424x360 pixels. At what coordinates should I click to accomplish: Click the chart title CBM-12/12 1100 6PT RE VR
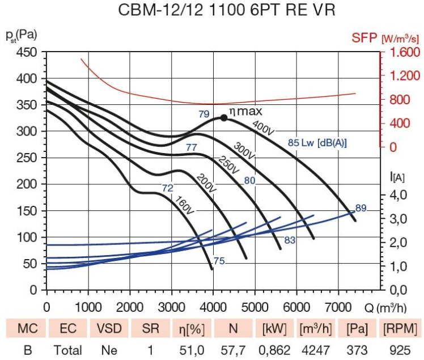click(x=226, y=10)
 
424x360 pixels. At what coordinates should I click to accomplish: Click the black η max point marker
click(x=224, y=118)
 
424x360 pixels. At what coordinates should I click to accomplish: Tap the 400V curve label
click(x=263, y=128)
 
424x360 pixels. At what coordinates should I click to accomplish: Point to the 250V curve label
click(x=229, y=165)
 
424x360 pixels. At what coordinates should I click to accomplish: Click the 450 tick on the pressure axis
click(x=27, y=52)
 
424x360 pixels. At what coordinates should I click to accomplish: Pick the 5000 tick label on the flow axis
click(x=255, y=307)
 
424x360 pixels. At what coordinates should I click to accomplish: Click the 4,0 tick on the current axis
click(x=398, y=195)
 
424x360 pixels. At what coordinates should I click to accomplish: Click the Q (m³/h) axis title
click(x=385, y=308)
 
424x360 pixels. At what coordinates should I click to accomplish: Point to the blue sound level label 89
click(x=361, y=208)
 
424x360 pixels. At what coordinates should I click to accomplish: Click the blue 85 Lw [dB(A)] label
click(x=317, y=142)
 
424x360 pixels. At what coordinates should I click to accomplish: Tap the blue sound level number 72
click(x=168, y=188)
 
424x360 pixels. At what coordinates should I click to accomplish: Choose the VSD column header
click(x=109, y=328)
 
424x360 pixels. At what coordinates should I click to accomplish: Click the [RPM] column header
click(x=400, y=329)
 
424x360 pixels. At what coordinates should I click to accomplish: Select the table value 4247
click(x=316, y=350)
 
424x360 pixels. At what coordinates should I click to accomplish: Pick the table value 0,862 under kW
click(x=274, y=350)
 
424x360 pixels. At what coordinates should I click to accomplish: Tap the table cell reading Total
click(x=68, y=350)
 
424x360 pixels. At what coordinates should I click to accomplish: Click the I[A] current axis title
click(x=397, y=177)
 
